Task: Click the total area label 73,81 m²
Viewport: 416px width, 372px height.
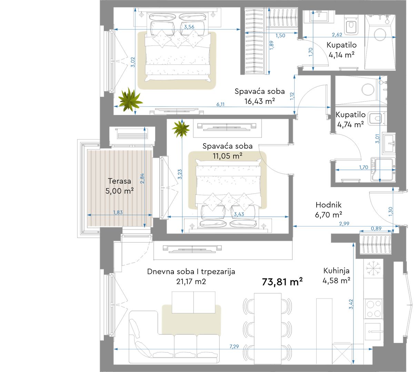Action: pyautogui.click(x=282, y=282)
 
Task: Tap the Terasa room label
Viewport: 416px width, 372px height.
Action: pyautogui.click(x=119, y=181)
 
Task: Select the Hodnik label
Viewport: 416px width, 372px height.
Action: pyautogui.click(x=328, y=205)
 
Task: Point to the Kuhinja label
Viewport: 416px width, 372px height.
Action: pyautogui.click(x=336, y=271)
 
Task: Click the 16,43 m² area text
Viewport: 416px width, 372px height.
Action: pyautogui.click(x=260, y=101)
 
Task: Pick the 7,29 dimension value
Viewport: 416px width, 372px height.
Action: pyautogui.click(x=234, y=347)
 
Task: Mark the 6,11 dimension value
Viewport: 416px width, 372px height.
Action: pyautogui.click(x=220, y=104)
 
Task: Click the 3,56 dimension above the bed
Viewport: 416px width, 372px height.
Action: pyautogui.click(x=189, y=27)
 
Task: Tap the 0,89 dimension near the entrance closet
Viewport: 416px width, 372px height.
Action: pyautogui.click(x=376, y=228)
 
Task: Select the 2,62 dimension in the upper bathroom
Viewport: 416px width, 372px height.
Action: pyautogui.click(x=337, y=35)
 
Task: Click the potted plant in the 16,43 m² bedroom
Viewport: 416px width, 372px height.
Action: pyautogui.click(x=130, y=99)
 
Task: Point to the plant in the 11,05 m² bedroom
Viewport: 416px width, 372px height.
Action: pyautogui.click(x=181, y=129)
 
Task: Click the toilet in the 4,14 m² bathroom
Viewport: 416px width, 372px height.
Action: pyautogui.click(x=351, y=25)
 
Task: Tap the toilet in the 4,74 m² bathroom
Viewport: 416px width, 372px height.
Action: pyautogui.click(x=375, y=118)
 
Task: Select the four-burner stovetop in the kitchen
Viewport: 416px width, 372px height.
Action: pyautogui.click(x=374, y=309)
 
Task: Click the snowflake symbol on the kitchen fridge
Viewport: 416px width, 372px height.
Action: pyautogui.click(x=374, y=268)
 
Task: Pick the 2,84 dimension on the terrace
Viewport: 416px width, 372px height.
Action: pyautogui.click(x=142, y=178)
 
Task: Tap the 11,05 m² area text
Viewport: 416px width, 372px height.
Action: pyautogui.click(x=228, y=156)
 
